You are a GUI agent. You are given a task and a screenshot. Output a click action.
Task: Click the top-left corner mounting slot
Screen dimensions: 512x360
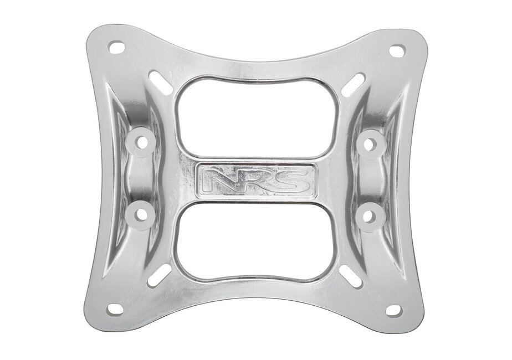tap(116, 47)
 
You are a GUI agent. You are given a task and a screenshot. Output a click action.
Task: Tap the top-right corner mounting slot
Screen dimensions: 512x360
tap(398, 50)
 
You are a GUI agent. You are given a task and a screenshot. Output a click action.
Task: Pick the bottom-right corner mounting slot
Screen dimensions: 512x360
tap(395, 310)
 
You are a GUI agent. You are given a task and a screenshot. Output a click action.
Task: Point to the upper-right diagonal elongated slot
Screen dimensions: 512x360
tap(353, 85)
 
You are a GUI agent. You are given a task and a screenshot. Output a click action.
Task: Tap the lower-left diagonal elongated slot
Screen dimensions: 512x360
tap(160, 275)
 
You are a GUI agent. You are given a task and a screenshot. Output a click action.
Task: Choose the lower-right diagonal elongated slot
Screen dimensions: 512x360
tap(351, 276)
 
